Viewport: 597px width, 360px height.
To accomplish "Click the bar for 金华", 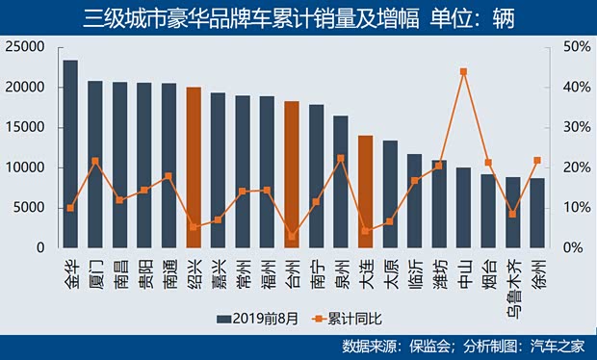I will tap(70, 154).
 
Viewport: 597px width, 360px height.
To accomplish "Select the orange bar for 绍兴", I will tap(194, 167).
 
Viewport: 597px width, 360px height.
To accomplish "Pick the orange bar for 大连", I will tap(365, 192).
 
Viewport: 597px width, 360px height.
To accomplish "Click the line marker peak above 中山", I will tap(464, 71).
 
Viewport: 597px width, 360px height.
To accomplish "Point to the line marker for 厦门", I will tap(95, 161).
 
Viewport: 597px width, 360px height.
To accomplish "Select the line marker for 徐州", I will tap(537, 160).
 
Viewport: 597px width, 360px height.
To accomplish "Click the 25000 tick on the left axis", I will tap(29, 47).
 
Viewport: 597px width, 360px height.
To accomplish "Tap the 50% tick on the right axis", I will tap(571, 47).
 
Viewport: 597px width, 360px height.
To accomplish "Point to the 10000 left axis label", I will tap(29, 167).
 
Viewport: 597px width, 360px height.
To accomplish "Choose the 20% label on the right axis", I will tap(571, 167).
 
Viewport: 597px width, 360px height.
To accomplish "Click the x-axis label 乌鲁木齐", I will tap(513, 283).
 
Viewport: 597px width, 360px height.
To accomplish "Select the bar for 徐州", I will tap(537, 213).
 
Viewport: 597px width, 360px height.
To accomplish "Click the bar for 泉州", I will tap(341, 182).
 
